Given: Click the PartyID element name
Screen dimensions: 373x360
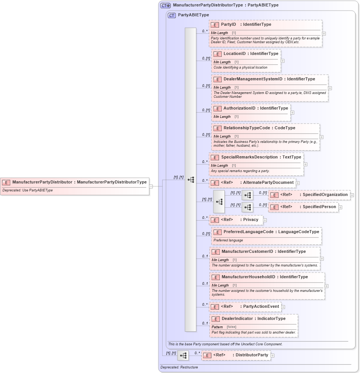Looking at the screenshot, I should click(x=229, y=25).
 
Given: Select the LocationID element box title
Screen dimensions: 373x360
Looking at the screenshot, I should click(x=235, y=54).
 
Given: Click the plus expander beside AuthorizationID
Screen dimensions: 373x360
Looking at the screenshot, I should click(x=292, y=113).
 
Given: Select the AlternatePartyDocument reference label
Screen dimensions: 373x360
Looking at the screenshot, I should click(x=268, y=183).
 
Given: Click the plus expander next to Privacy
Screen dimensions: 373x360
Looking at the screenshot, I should click(x=265, y=220).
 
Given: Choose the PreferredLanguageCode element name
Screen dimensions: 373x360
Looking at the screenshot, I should click(x=248, y=232).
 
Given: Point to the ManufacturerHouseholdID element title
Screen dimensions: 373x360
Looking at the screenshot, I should click(x=248, y=277).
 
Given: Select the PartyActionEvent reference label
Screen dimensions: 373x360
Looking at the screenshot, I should click(x=261, y=307).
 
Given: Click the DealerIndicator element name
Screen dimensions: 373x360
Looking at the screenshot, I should click(x=237, y=319).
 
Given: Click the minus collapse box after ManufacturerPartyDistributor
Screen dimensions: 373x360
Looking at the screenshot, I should click(x=151, y=186).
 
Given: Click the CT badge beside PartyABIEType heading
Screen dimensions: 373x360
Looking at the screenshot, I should click(x=172, y=16).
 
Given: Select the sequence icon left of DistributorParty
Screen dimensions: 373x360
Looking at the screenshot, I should click(x=183, y=356).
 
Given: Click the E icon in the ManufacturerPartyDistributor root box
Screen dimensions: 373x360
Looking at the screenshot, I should click(x=6, y=182).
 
